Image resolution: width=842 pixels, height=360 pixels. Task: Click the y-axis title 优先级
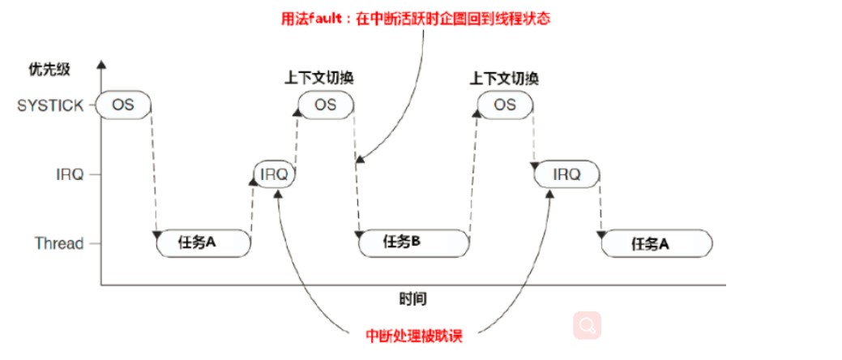(49, 69)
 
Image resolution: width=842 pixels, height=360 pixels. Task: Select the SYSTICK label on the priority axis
(50, 105)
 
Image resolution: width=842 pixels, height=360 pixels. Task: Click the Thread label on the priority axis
(59, 243)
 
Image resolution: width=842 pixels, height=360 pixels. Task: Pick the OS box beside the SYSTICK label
(123, 105)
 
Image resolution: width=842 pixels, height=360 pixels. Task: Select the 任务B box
(412, 241)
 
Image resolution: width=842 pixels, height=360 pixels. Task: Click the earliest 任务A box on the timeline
(203, 242)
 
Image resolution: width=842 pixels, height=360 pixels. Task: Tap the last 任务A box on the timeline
(656, 242)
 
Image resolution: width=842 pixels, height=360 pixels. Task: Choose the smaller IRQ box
(275, 174)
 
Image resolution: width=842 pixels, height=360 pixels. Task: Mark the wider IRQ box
(566, 174)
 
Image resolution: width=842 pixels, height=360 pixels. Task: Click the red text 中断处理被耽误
(420, 335)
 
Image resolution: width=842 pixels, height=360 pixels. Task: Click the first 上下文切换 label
(319, 78)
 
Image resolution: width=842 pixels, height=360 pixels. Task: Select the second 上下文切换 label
(505, 79)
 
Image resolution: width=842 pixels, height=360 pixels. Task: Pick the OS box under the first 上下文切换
(326, 105)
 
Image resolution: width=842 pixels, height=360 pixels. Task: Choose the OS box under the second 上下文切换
(505, 105)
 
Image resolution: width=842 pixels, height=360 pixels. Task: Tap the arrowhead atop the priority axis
(100, 63)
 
